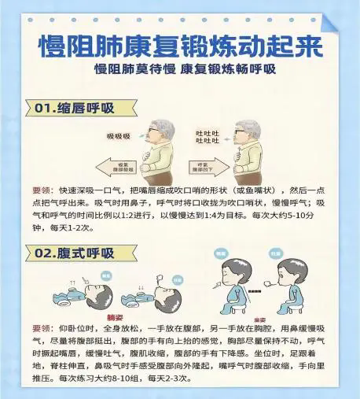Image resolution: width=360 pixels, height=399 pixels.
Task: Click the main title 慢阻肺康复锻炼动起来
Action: click(180, 46)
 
